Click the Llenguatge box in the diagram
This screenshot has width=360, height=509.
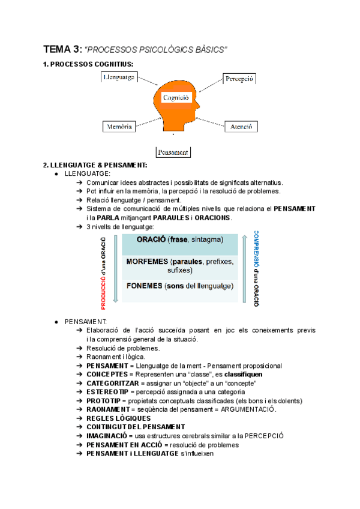(x=119, y=78)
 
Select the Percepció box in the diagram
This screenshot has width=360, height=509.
(x=239, y=79)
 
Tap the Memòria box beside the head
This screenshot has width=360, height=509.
(x=119, y=127)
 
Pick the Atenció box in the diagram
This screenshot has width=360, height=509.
(x=241, y=127)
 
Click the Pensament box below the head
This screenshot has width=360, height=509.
(x=173, y=152)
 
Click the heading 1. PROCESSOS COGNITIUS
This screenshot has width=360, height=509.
(x=89, y=64)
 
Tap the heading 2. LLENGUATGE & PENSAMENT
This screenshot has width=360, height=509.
(x=95, y=166)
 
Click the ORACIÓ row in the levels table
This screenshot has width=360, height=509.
(x=181, y=240)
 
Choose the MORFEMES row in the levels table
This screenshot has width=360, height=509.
(x=181, y=266)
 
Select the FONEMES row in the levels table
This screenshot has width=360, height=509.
(x=181, y=286)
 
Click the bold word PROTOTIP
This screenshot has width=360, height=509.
(x=104, y=400)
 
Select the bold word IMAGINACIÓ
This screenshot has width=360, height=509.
(x=109, y=436)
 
